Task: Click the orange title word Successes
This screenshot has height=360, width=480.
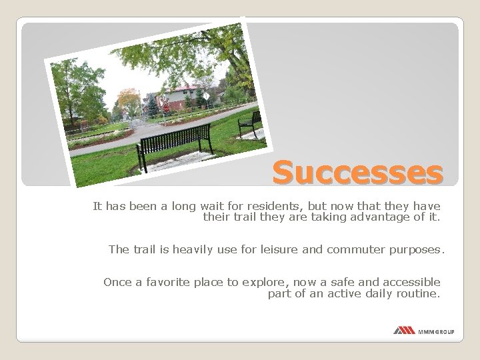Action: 357,173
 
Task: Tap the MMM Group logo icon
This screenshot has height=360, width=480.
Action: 404,331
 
